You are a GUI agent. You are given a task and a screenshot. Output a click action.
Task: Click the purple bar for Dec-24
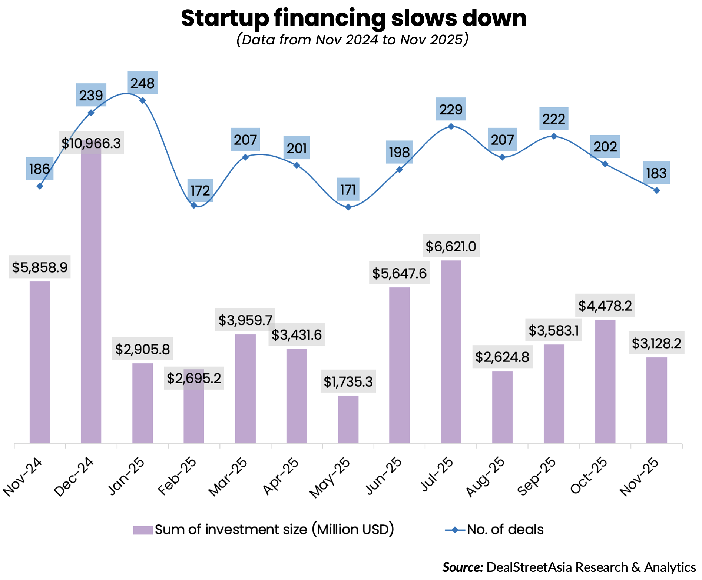pyautogui.click(x=91, y=296)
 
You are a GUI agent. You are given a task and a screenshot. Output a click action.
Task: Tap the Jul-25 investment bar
pyautogui.click(x=451, y=352)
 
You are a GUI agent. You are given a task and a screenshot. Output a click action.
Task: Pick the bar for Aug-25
pyautogui.click(x=502, y=407)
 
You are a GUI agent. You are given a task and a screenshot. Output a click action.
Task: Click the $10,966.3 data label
pyautogui.click(x=91, y=143)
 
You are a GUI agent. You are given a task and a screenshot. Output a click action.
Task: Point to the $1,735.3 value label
pyautogui.click(x=348, y=381)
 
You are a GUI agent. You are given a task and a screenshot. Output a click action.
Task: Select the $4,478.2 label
pyautogui.click(x=605, y=306)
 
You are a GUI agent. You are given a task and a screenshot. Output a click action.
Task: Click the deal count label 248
pyautogui.click(x=142, y=83)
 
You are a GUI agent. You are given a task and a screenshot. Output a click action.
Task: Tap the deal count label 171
pyautogui.click(x=348, y=190)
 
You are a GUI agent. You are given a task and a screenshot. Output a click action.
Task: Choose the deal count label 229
pyautogui.click(x=451, y=109)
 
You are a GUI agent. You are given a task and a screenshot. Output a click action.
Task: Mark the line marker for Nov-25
pyautogui.click(x=656, y=190)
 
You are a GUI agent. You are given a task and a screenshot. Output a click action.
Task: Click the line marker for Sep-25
pyautogui.click(x=554, y=136)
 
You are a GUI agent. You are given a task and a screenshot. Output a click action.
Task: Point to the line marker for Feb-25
pyautogui.click(x=193, y=205)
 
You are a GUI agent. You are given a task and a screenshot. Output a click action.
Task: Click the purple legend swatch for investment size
pyautogui.click(x=143, y=530)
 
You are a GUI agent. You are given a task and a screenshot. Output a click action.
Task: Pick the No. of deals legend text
pyautogui.click(x=505, y=530)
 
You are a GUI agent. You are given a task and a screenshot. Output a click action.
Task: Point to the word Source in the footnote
pyautogui.click(x=463, y=567)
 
